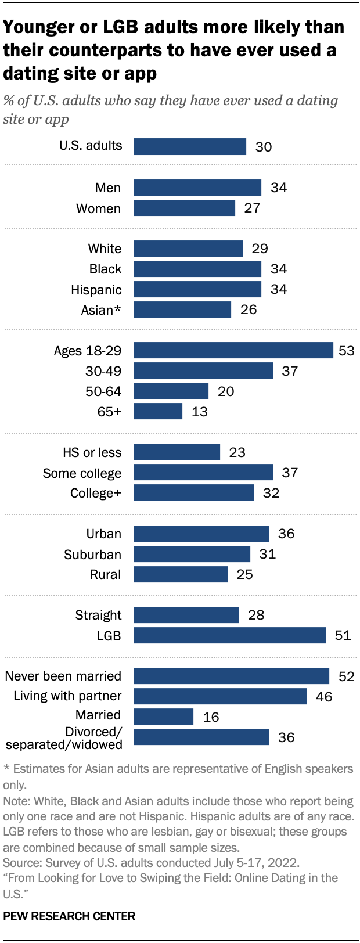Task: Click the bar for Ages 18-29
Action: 233,350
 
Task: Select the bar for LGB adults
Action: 229,635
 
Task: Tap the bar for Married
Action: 163,717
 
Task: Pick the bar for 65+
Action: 158,411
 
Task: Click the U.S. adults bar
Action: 190,146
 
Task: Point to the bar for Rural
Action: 181,574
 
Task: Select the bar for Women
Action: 184,208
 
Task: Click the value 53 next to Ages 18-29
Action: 346,351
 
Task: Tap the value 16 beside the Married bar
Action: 211,717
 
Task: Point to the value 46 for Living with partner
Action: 324,696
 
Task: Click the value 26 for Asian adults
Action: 249,309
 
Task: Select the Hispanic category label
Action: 96,290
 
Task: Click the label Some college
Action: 82,473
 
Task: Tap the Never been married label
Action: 63,676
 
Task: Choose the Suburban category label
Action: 92,555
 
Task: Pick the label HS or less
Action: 92,452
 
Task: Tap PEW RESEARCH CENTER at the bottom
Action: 69,916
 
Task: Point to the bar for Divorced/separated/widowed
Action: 201,737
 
